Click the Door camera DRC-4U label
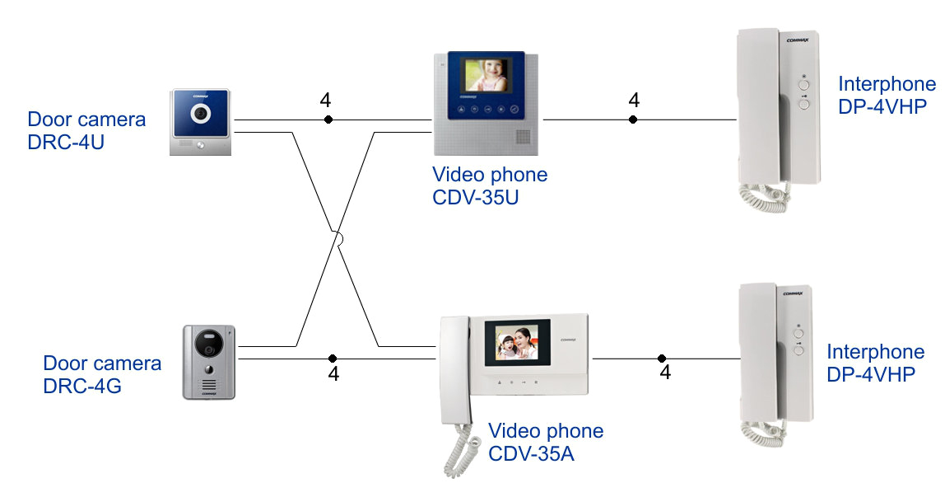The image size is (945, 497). coord(86,130)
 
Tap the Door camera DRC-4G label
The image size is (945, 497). coord(102,373)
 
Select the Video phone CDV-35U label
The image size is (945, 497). coord(490,187)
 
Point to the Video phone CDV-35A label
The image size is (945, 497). coord(546,442)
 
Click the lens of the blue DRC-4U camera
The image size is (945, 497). coord(200,113)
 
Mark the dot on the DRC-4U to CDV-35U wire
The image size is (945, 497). coord(328,120)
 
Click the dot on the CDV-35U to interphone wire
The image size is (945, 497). coord(633,120)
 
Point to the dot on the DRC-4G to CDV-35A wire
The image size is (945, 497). coord(333,359)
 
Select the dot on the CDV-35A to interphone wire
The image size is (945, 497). coord(662,359)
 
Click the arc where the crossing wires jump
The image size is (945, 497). coord(337,240)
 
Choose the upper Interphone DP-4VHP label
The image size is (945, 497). coord(887,95)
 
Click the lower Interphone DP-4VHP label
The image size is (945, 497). coord(875,363)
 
